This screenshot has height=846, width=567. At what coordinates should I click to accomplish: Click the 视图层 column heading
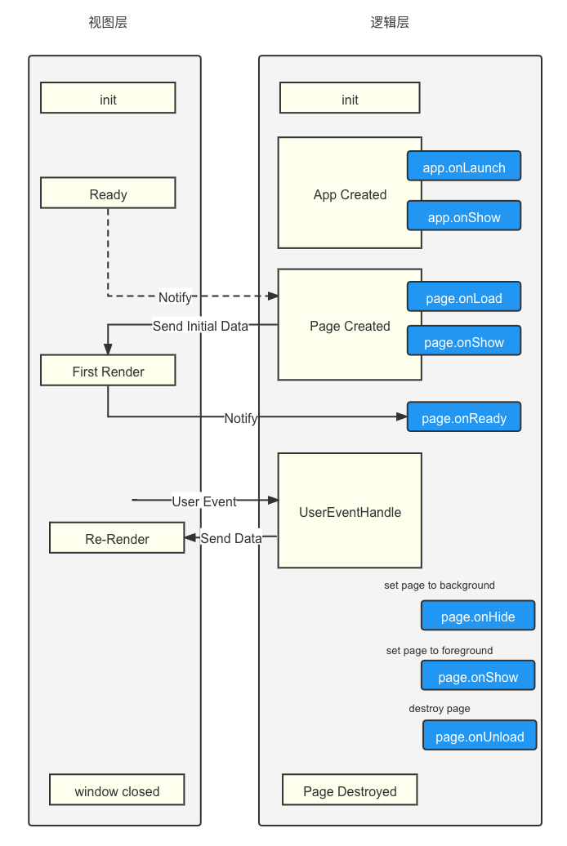108,22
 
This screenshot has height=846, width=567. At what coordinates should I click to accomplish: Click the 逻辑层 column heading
390,22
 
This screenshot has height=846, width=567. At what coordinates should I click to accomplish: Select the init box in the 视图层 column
108,98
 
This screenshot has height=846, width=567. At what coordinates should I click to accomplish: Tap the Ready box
108,193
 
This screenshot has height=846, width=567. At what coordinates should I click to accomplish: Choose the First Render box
108,370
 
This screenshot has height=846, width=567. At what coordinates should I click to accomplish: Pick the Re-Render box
117,537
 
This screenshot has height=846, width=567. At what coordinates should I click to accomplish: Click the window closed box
117,790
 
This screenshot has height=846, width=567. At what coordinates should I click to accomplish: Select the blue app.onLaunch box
464,167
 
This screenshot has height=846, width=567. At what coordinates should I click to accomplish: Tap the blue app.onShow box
464,216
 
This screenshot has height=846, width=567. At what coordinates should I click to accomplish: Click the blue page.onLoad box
464,296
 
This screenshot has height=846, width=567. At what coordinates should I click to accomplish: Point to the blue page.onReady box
464,416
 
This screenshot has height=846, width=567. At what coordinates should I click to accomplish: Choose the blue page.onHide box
478,616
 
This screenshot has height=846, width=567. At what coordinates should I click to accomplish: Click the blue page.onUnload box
480,736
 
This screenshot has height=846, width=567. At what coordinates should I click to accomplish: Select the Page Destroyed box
350,790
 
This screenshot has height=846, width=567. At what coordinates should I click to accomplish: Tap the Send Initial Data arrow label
200,326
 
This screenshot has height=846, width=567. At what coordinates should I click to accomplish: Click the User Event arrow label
204,501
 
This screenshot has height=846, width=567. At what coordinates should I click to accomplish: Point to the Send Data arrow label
231,538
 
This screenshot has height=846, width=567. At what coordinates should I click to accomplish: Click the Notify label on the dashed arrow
175,297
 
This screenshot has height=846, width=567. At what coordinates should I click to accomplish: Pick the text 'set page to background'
440,586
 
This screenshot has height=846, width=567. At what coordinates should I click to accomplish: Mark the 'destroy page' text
440,709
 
